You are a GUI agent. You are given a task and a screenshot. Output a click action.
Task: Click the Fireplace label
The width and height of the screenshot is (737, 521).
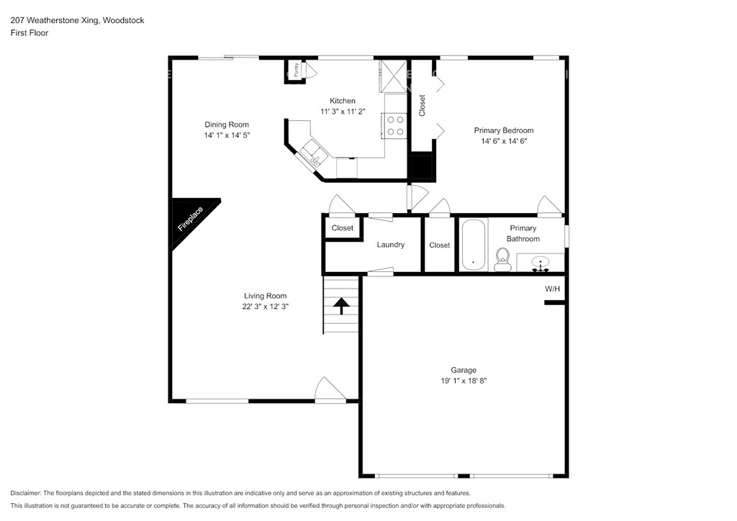(190, 219)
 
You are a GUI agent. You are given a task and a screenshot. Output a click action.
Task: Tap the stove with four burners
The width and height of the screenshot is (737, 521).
(394, 125)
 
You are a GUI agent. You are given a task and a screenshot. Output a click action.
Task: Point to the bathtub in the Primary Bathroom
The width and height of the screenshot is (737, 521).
(474, 245)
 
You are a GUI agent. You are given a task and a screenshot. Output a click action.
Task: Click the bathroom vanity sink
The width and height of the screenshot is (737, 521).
(541, 264)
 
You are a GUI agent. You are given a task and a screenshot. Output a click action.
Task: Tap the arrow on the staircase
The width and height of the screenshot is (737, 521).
(341, 306)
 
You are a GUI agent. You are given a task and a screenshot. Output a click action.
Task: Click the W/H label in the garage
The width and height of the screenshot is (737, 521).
(552, 289)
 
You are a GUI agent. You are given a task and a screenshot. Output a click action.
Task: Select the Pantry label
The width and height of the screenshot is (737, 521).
(296, 70)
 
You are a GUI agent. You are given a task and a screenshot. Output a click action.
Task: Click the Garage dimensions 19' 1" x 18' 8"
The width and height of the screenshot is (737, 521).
(464, 381)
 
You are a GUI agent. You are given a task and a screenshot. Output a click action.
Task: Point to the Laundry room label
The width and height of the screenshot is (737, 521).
(391, 245)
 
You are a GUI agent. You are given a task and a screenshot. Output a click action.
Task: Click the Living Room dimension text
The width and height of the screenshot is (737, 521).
(265, 307)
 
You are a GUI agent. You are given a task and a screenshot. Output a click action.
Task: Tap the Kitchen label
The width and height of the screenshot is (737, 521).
(343, 101)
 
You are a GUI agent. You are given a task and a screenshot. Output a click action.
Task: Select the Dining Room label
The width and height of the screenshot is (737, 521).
(227, 124)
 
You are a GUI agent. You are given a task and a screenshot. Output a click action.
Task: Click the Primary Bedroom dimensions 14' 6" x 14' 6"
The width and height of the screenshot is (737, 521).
(504, 141)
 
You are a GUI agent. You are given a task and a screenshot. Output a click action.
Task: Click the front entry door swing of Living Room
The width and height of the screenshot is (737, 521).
(330, 389)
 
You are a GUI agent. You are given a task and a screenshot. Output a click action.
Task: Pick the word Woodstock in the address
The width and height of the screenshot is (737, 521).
(124, 20)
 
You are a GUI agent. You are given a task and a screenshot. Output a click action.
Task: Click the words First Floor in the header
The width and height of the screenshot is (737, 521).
(29, 33)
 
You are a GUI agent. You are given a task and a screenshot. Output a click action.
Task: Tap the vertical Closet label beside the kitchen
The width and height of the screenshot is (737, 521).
(422, 106)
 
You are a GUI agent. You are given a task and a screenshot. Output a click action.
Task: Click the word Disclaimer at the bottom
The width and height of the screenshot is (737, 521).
(25, 493)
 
